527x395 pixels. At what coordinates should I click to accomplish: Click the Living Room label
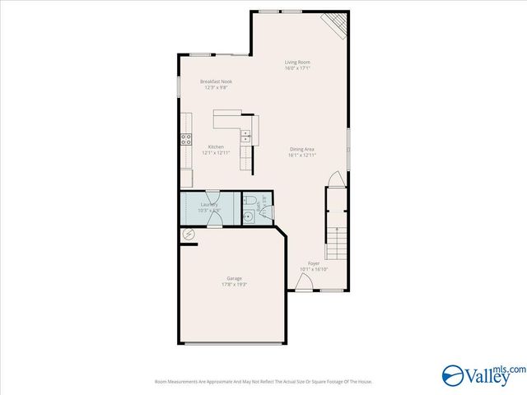coord(297,62)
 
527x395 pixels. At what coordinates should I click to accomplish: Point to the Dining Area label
coord(302,149)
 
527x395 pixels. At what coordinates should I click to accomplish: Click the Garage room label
coord(235,278)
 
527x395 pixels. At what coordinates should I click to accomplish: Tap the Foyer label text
coord(313,263)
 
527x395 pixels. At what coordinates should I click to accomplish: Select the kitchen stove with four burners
coord(186,140)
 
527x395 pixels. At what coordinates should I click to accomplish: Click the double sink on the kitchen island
coord(245,136)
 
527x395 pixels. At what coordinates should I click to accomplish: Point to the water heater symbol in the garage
coord(188,235)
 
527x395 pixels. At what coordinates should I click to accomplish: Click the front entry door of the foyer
coord(304,284)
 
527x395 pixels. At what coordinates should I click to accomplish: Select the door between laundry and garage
coord(215,218)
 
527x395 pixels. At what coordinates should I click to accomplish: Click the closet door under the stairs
coord(333,179)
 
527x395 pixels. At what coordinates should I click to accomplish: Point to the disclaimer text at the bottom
coord(263,382)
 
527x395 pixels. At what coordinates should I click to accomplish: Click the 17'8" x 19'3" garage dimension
coord(235,285)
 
